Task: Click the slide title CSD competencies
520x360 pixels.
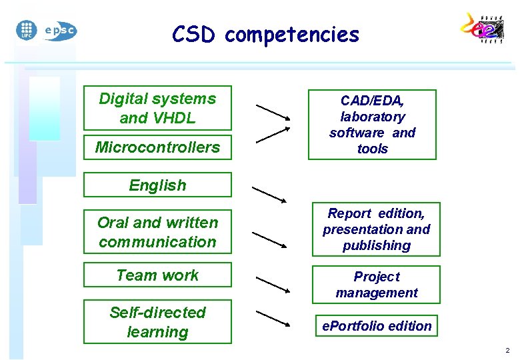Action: pos(265,34)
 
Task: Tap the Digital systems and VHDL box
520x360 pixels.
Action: pos(157,108)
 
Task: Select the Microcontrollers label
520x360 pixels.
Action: pos(157,147)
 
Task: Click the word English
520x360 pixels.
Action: pos(157,185)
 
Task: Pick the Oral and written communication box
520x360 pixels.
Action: pos(157,232)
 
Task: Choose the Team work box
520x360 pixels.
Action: pos(157,275)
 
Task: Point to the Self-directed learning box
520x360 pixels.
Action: pos(157,322)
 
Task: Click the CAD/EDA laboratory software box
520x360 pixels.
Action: pos(372,125)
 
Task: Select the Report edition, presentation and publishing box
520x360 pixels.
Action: pos(376,229)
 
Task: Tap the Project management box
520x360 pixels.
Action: pos(376,285)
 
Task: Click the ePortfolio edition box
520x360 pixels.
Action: pos(377,326)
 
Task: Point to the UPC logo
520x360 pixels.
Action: pos(26,30)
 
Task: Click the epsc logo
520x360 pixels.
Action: pos(60,31)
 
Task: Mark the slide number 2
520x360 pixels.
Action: pos(507,351)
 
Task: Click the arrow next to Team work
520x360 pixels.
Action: pos(273,285)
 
